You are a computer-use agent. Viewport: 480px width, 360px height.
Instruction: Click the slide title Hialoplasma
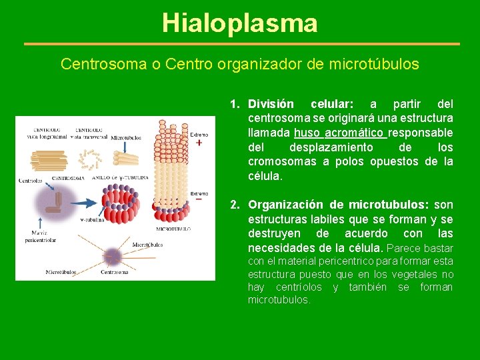coord(239,23)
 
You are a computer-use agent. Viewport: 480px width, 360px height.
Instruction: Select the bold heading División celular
coord(301,104)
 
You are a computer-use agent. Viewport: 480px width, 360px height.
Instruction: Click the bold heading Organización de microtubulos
coord(340,205)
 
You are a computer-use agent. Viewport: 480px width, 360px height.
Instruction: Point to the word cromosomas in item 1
coord(283,162)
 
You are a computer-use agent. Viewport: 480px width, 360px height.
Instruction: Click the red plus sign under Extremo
coord(199,142)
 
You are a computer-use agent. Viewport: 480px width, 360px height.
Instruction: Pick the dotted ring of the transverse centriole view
coord(89,158)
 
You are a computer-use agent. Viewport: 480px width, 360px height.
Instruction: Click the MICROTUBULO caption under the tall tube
coord(173,229)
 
